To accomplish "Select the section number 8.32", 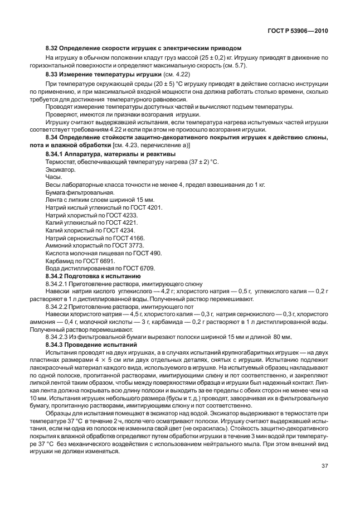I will [x=52, y=49].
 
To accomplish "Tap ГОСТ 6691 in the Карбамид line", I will [x=100, y=261].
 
